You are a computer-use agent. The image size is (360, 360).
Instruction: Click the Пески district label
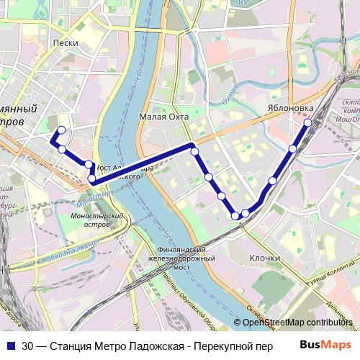pos(66,43)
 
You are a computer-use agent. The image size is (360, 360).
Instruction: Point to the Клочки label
pos(264,258)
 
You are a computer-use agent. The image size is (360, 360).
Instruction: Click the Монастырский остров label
pos(97,220)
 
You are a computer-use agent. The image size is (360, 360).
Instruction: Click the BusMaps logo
pos(326,345)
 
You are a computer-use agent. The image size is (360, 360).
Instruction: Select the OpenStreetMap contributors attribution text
pos(297,323)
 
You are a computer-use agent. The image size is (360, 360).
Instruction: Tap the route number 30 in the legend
pos(28,346)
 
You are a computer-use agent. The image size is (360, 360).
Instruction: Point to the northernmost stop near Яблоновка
pos(308,122)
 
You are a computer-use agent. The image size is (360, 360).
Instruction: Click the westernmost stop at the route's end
pos(61,130)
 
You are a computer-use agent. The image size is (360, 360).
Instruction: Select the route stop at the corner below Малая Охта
pos(194,151)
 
